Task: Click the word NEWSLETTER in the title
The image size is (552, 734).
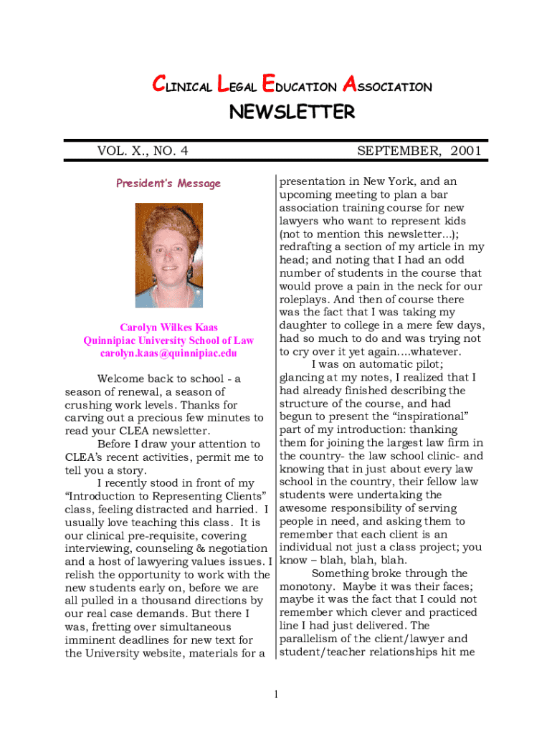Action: point(291,113)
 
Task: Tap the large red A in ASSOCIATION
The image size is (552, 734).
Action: point(349,86)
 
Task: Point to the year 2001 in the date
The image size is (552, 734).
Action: point(466,151)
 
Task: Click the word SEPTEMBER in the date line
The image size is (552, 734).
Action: point(399,151)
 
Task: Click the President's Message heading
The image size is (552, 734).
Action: point(168,183)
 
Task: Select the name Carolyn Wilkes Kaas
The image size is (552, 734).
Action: point(168,328)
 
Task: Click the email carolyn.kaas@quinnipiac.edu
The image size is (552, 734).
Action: point(168,353)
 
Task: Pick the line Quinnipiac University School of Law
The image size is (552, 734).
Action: point(168,340)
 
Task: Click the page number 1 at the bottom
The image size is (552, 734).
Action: point(276,694)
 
